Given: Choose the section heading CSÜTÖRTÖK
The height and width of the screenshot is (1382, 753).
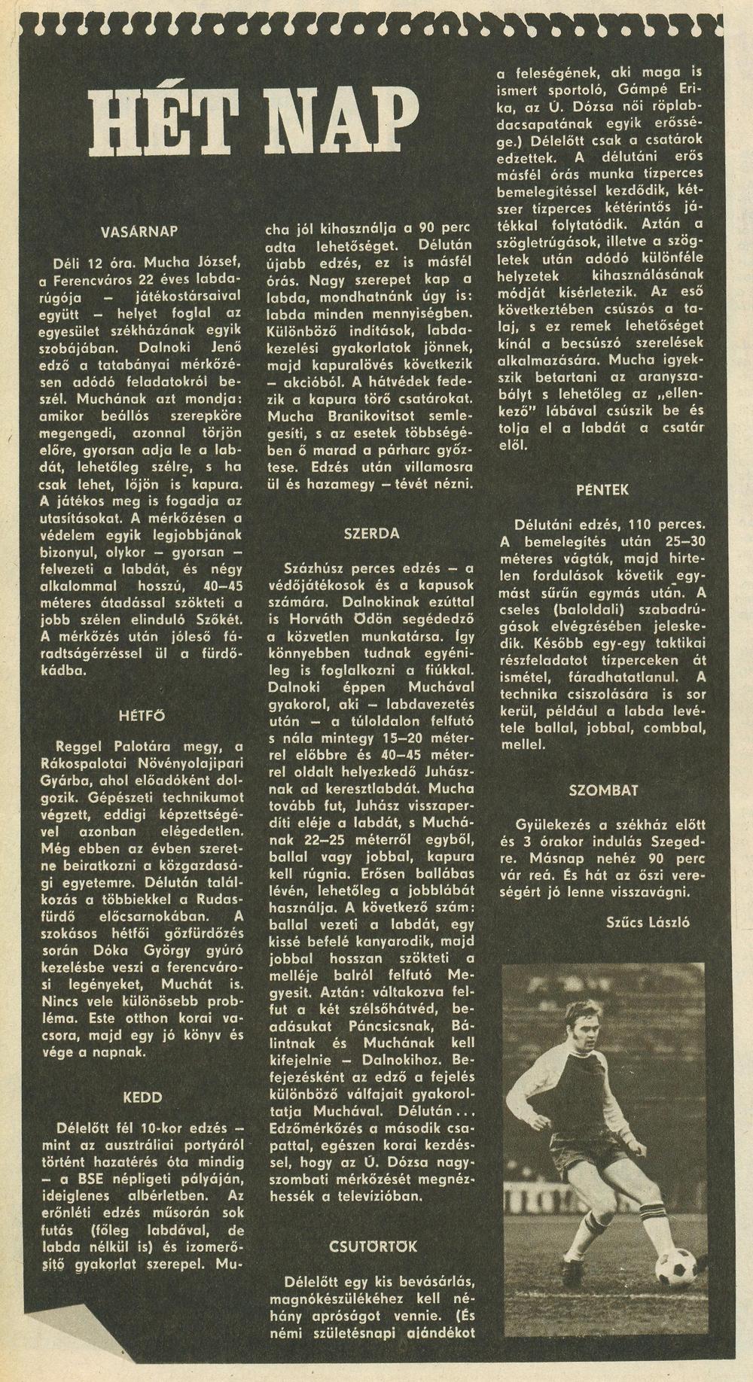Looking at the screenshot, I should pos(371,1247).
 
